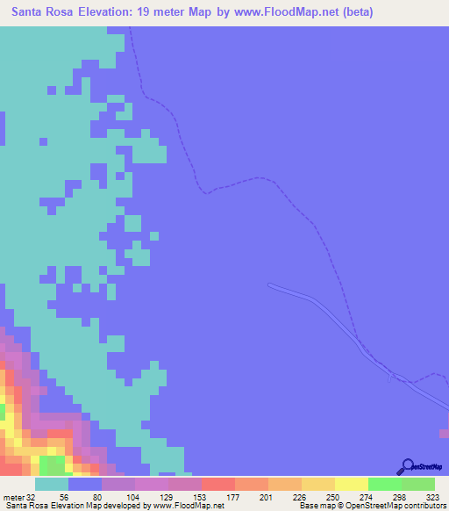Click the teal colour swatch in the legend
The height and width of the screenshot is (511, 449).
coord(52,484)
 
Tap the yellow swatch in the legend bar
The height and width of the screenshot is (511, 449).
coord(351,484)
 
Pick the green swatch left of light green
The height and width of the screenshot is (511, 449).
coord(384,484)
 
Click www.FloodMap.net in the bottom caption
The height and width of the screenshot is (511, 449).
coord(180,506)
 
